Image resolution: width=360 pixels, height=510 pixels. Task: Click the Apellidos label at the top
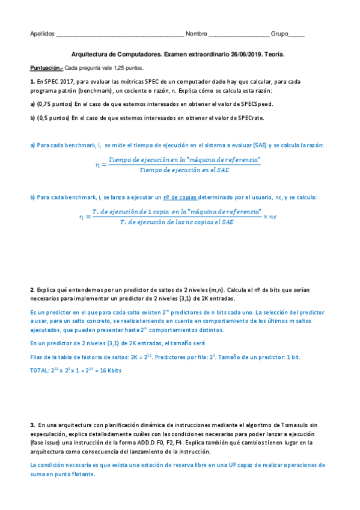click(42, 34)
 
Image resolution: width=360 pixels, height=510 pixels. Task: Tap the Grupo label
click(280, 34)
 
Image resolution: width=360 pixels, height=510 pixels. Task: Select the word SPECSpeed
click(257, 104)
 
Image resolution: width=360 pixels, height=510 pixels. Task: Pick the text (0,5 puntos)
click(53, 118)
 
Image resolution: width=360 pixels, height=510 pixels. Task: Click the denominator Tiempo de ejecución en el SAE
click(184, 170)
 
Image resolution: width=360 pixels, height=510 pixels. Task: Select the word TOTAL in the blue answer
click(39, 370)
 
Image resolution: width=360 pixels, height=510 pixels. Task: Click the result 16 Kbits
click(108, 370)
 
